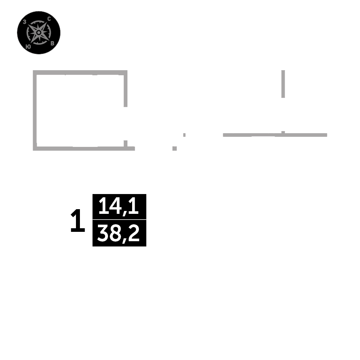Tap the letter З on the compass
(24, 22)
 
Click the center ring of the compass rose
(39, 33)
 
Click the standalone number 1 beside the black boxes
(77, 221)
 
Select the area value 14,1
(119, 207)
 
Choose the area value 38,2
(119, 233)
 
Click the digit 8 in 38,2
(115, 233)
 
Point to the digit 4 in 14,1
(116, 207)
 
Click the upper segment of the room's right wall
(125, 89)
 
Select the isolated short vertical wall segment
(283, 84)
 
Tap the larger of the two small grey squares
(175, 148)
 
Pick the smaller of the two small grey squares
(184, 135)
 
